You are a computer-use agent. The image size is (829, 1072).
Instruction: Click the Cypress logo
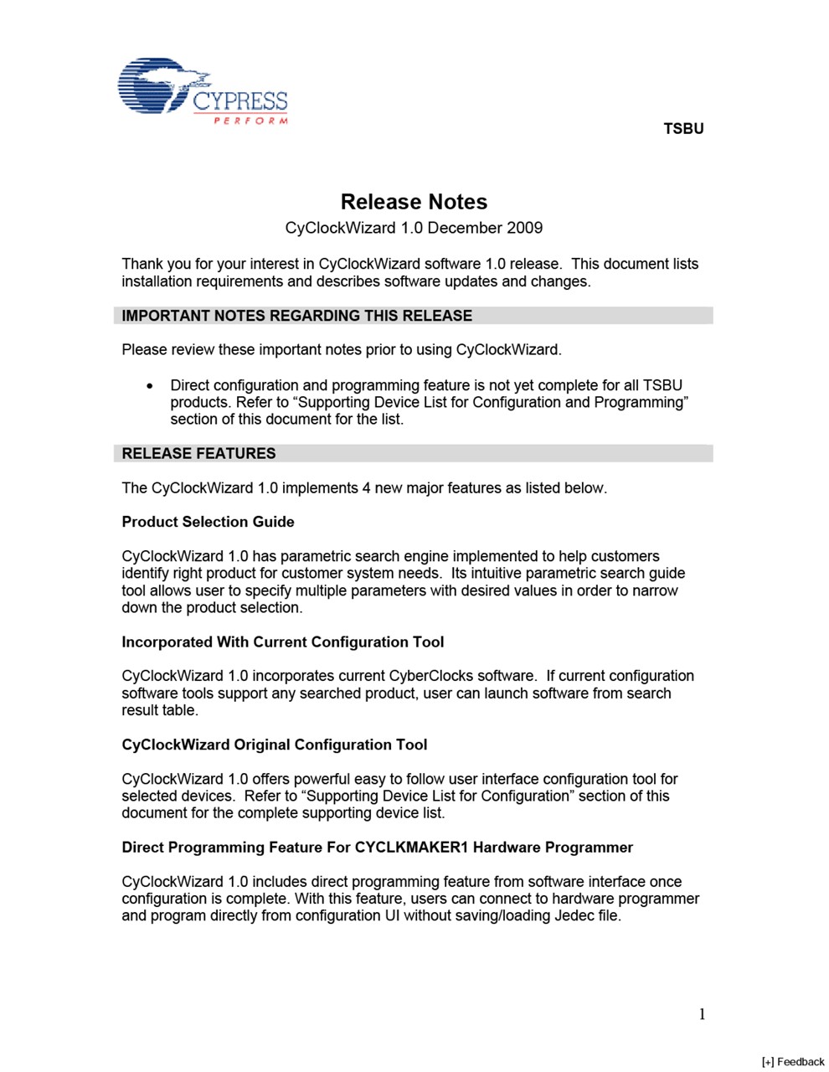202,91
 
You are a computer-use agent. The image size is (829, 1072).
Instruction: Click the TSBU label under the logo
683,129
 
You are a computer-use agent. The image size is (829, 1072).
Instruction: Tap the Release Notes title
414,202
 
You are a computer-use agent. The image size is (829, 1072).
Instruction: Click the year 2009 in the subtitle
523,228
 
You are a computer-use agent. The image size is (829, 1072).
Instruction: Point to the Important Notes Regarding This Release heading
297,316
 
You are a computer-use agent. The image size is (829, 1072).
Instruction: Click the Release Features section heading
198,453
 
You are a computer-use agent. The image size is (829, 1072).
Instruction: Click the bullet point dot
149,386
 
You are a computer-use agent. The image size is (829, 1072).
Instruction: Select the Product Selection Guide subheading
208,522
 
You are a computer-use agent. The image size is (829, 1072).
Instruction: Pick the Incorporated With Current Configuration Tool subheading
283,642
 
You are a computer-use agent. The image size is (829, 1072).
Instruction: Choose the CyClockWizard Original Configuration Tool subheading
275,745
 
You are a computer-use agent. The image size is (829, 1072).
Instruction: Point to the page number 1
702,1014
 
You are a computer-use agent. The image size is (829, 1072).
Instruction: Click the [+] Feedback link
793,1062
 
